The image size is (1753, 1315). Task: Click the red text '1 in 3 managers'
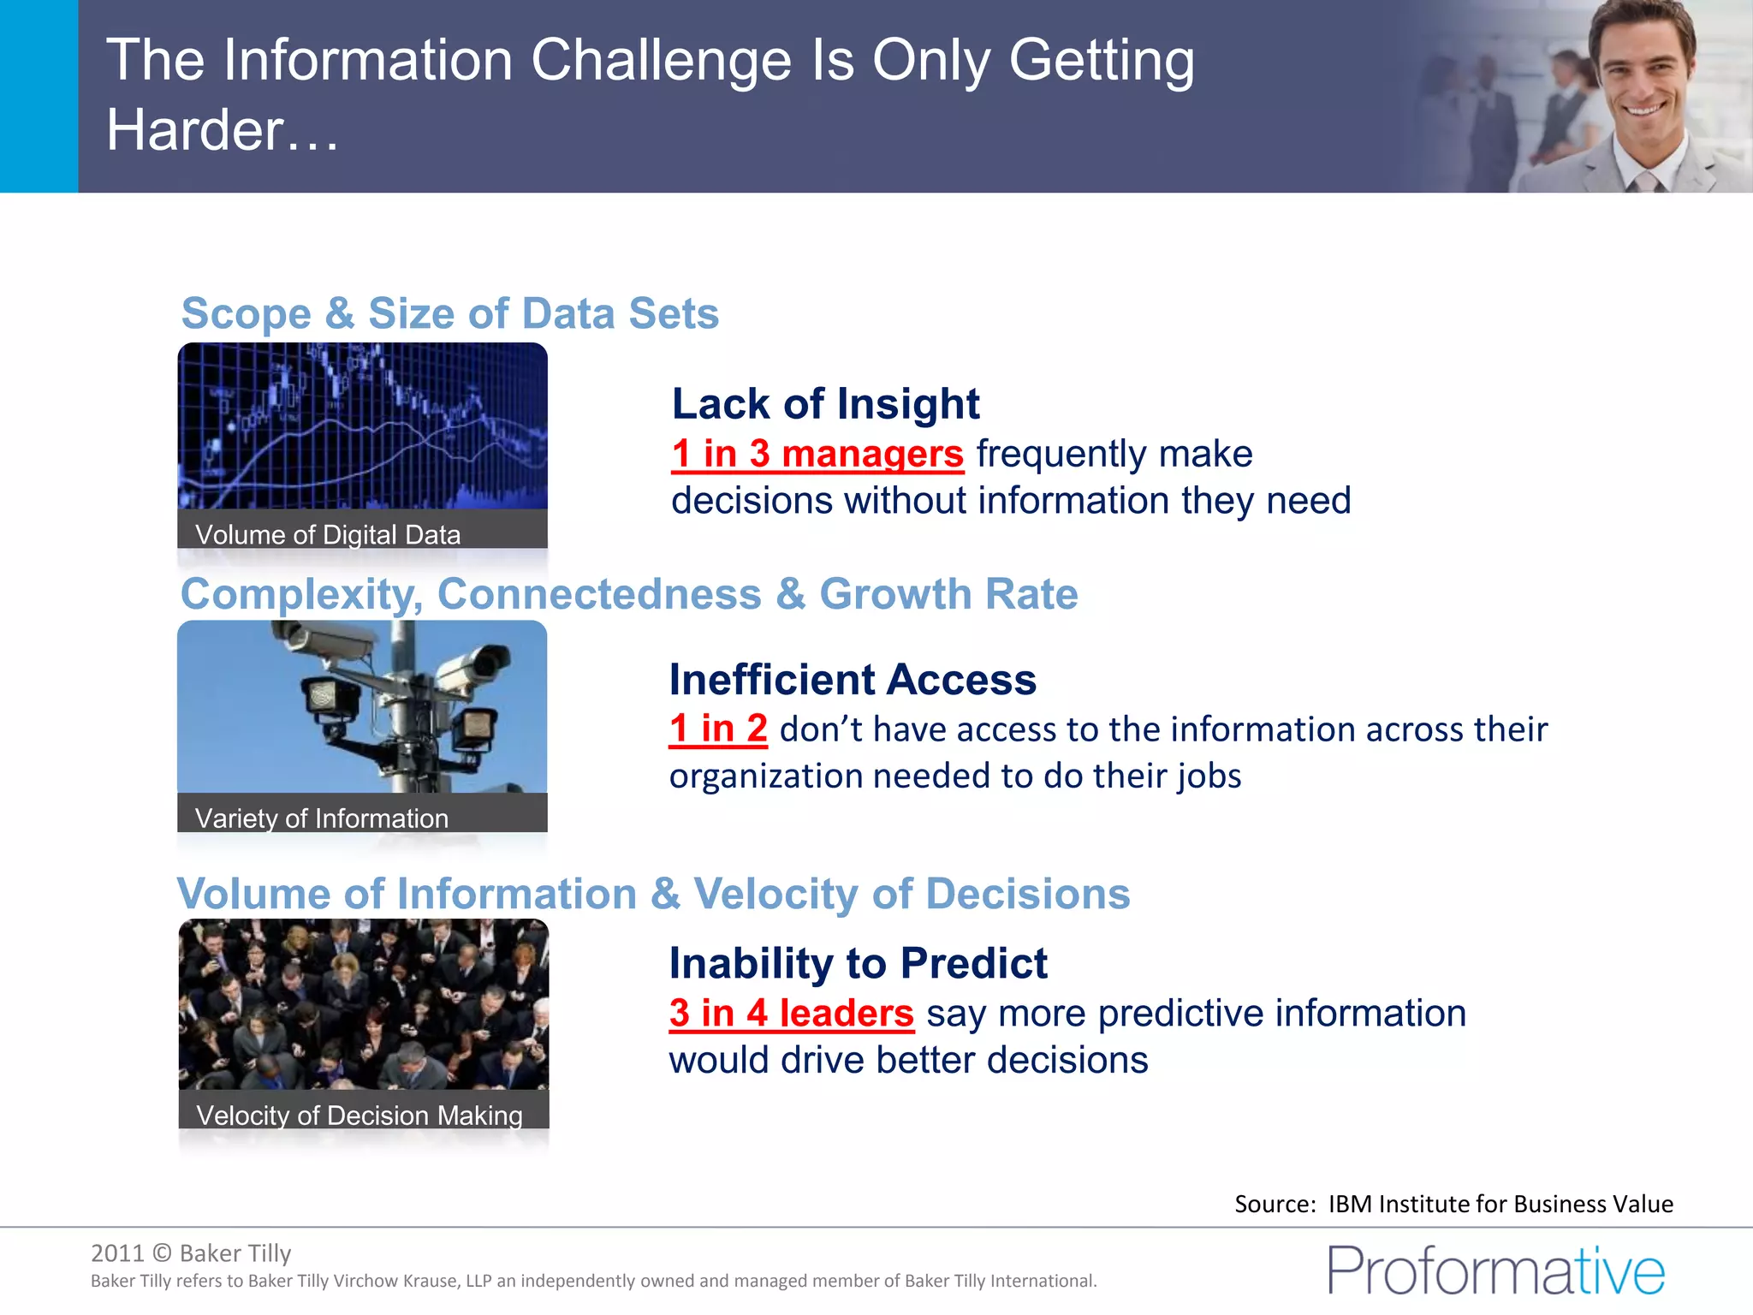pos(817,454)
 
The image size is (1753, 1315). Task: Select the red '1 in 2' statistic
pos(718,729)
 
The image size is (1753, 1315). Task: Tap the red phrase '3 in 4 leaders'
pos(792,1014)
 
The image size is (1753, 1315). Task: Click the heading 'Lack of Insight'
pos(825,404)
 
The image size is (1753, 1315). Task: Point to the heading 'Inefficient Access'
pos(853,680)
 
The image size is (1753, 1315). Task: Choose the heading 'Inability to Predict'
pos(858,964)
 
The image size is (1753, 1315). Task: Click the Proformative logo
pos(1495,1270)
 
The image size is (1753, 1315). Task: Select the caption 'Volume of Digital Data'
pos(328,535)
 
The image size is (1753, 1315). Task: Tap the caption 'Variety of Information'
pos(322,818)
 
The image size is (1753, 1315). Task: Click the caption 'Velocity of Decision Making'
pos(360,1116)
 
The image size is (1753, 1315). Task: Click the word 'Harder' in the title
pos(195,130)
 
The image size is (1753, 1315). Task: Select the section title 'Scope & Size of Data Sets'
pos(450,313)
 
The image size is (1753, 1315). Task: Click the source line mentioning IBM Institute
pos(1453,1205)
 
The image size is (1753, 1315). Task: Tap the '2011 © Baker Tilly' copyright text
pos(191,1253)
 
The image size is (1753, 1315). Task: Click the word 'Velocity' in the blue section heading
pos(775,895)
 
